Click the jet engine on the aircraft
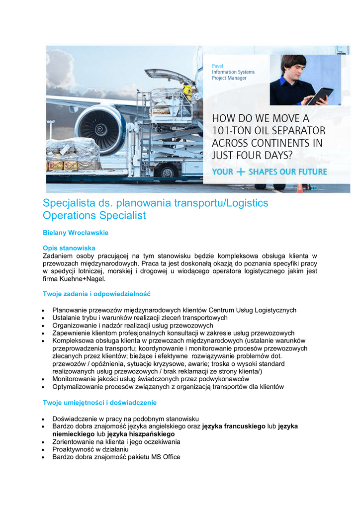101,128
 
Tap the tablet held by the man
319,95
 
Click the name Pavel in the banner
217,66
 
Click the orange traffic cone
300,188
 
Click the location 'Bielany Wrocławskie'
76,232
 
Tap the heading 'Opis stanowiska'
69,248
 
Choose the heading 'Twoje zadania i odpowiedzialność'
96,294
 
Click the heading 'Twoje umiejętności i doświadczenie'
100,402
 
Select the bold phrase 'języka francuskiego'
234,426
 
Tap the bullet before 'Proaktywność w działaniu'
45,449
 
